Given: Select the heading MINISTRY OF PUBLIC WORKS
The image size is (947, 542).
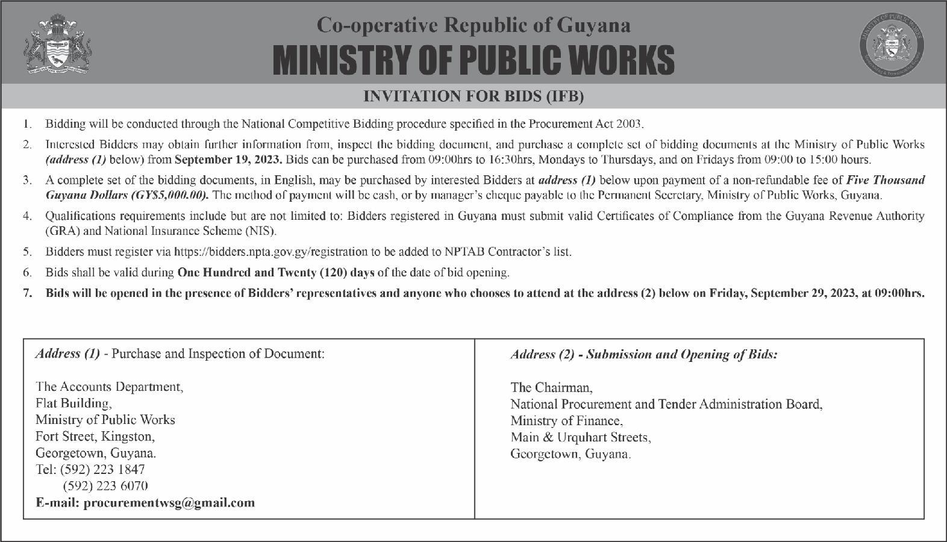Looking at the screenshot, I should [x=473, y=60].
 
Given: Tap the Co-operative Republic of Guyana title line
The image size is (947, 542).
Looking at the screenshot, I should [x=473, y=25].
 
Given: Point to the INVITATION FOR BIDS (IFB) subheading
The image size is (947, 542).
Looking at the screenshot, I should [x=473, y=96].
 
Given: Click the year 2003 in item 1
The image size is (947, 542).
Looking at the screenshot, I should [x=630, y=125].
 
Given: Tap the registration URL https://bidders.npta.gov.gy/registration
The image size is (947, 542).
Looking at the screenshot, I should [x=270, y=252].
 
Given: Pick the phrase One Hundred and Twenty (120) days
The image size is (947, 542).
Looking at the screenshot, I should [x=276, y=272].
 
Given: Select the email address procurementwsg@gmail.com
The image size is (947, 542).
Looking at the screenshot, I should [x=169, y=502].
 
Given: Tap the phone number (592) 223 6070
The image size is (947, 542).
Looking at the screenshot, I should [x=105, y=486].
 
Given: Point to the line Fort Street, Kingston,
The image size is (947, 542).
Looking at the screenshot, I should [x=95, y=436].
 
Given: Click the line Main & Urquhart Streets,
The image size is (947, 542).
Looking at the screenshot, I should [x=580, y=437].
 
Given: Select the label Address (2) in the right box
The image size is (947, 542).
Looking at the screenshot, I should [x=542, y=354].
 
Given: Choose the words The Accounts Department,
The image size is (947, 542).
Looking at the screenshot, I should [x=109, y=387].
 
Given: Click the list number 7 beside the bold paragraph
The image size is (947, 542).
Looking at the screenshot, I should [x=27, y=293].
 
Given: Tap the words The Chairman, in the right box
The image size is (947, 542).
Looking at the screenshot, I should [x=551, y=387].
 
